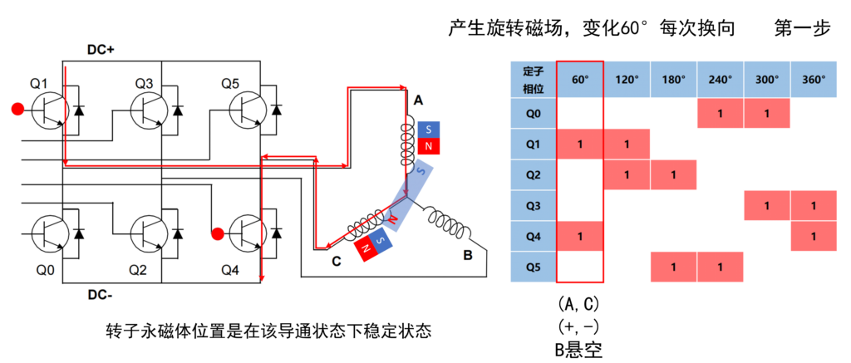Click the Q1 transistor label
coord(40,83)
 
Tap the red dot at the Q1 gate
coord(17,109)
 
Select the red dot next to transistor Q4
coord(218,233)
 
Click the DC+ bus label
coord(101,50)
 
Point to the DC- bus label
coord(101,294)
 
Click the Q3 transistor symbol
coord(150,110)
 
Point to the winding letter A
coord(419,100)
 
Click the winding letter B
coord(468,255)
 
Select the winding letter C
coord(336,262)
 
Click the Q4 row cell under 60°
coord(580,236)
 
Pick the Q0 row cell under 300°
coord(767,113)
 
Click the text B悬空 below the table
coord(581,347)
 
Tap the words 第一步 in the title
coord(802,28)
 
